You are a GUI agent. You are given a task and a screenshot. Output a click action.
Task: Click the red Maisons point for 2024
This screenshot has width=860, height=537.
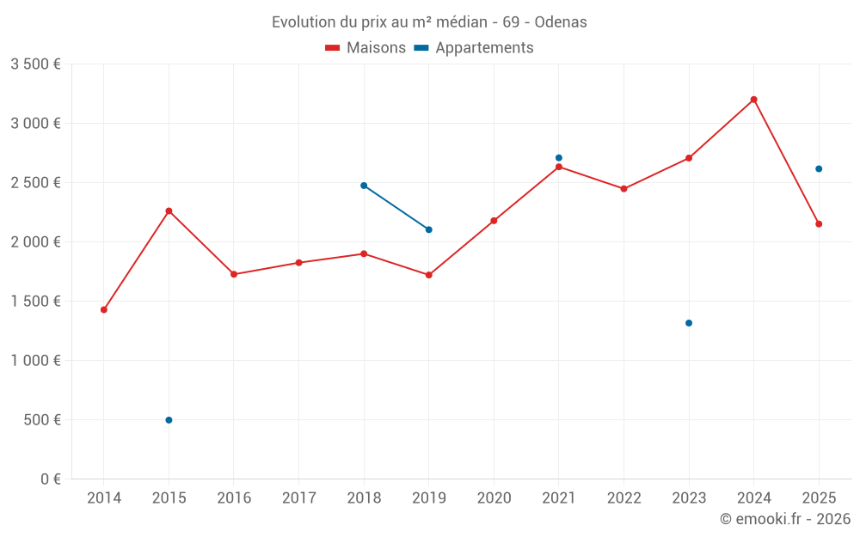[x=753, y=100]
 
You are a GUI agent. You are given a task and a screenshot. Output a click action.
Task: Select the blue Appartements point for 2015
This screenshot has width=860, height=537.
[x=169, y=420]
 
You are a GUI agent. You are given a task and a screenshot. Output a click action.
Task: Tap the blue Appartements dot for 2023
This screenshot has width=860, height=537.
[x=689, y=323]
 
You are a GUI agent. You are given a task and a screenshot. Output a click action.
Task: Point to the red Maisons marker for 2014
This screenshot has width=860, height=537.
[x=104, y=310]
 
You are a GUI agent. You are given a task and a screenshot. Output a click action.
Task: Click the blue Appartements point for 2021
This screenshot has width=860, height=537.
[x=559, y=158]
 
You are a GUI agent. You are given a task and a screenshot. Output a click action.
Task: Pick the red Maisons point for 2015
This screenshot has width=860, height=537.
[x=169, y=211]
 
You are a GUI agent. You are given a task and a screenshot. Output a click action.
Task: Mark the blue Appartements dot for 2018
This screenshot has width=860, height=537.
[x=364, y=186]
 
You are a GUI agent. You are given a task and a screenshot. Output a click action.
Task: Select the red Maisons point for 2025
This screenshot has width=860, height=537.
[x=819, y=224]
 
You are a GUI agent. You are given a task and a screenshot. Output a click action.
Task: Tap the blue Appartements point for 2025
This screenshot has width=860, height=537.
[x=819, y=169]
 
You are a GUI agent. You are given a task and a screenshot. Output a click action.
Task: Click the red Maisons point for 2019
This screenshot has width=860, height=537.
[x=429, y=275]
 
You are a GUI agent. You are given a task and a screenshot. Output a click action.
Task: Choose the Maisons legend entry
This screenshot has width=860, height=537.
[x=365, y=48]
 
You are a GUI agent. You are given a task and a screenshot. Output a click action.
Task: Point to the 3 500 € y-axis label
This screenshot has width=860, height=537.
[x=35, y=64]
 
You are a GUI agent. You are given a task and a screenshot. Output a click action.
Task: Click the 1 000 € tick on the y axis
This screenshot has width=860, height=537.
[x=35, y=361]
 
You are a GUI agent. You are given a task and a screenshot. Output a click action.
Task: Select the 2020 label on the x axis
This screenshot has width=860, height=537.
[x=494, y=498]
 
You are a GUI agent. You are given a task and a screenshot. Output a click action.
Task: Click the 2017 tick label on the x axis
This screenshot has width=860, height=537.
[x=298, y=498]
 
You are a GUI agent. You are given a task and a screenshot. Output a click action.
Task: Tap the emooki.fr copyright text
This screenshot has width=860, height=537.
[x=785, y=519]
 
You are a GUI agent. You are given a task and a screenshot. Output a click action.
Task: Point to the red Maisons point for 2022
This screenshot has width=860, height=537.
[x=623, y=189]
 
